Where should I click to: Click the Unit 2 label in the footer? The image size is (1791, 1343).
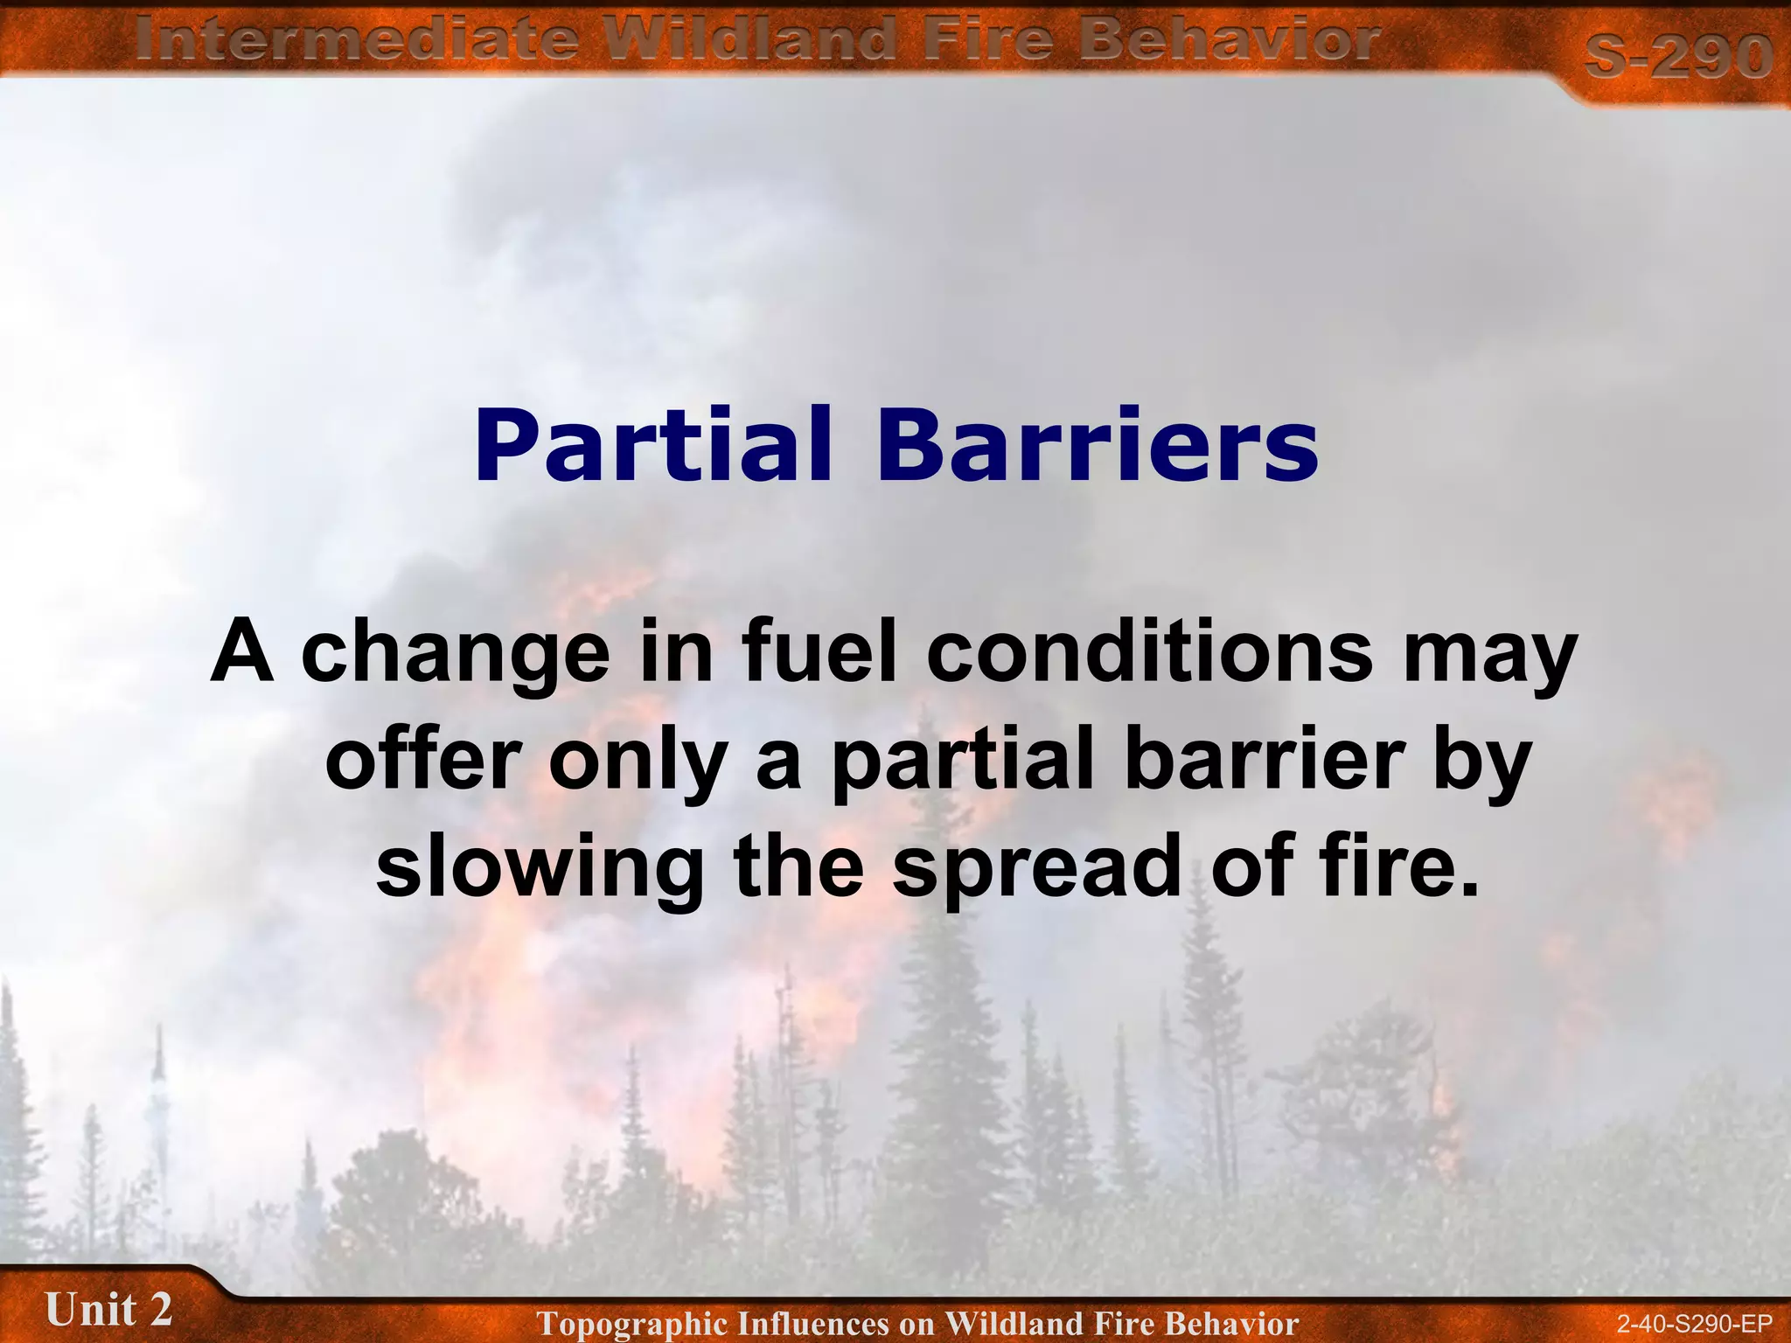[108, 1310]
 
